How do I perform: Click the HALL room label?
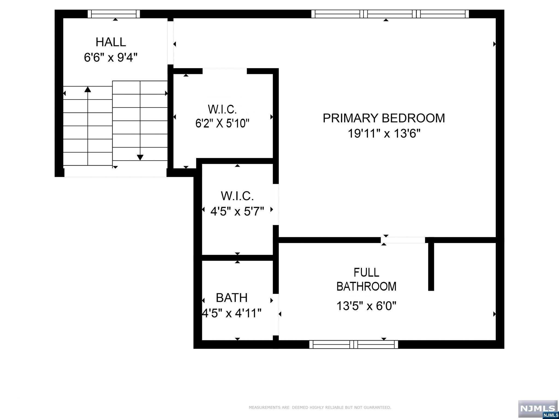pyautogui.click(x=111, y=42)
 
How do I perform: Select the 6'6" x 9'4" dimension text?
pyautogui.click(x=111, y=58)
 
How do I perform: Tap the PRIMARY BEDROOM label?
pyautogui.click(x=384, y=118)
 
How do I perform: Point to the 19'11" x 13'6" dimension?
pyautogui.click(x=384, y=134)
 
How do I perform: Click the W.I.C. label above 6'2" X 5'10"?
pyautogui.click(x=222, y=109)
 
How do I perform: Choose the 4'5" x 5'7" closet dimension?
pyautogui.click(x=237, y=211)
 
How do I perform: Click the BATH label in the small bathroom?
pyautogui.click(x=231, y=298)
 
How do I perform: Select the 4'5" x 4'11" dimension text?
pyautogui.click(x=231, y=313)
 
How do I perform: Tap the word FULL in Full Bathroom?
pyautogui.click(x=366, y=273)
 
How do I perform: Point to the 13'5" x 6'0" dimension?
pyautogui.click(x=366, y=306)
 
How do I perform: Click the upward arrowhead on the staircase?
pyautogui.click(x=88, y=89)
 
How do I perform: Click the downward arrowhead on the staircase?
pyautogui.click(x=140, y=157)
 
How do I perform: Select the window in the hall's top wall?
pyautogui.click(x=114, y=14)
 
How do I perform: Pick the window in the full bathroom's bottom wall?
pyautogui.click(x=353, y=345)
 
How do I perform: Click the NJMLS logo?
pyautogui.click(x=538, y=408)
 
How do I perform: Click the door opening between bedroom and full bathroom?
pyautogui.click(x=403, y=240)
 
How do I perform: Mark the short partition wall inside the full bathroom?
pyautogui.click(x=431, y=266)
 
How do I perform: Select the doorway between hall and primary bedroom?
pyautogui.click(x=170, y=43)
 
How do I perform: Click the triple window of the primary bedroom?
pyautogui.click(x=390, y=14)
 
